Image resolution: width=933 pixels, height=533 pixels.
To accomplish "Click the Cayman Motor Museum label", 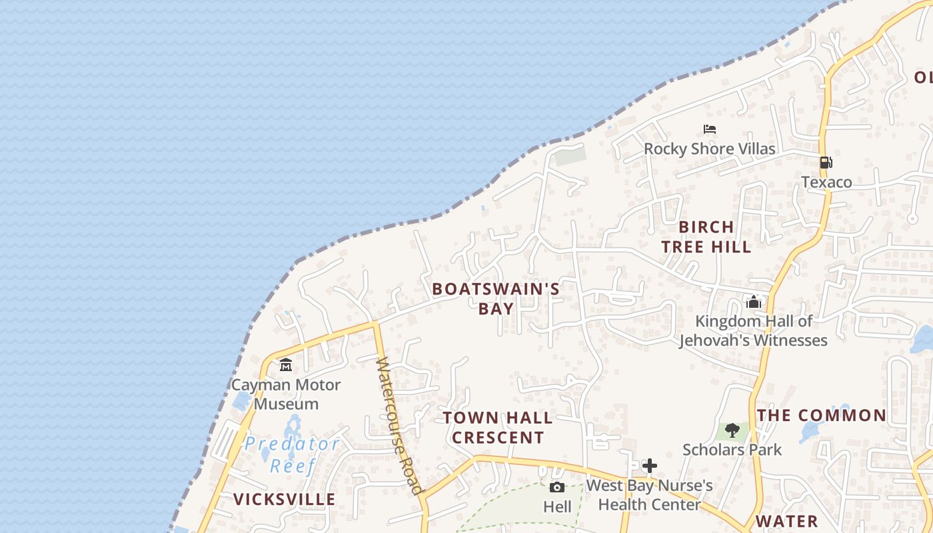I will pyautogui.click(x=285, y=394).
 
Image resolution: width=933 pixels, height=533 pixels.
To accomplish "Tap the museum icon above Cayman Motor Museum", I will pyautogui.click(x=286, y=364).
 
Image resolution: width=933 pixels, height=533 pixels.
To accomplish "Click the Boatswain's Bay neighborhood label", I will pyautogui.click(x=496, y=298).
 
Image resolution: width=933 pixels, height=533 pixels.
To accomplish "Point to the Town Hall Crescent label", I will pyautogui.click(x=498, y=428).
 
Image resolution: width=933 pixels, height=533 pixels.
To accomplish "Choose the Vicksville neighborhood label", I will pyautogui.click(x=284, y=499).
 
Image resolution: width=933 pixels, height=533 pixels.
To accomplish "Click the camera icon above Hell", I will pyautogui.click(x=557, y=487).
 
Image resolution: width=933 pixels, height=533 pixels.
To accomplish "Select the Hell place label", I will pyautogui.click(x=557, y=507).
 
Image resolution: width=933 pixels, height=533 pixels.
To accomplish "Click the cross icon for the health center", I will pyautogui.click(x=650, y=466).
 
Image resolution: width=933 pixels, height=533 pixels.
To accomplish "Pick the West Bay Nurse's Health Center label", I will pyautogui.click(x=649, y=495).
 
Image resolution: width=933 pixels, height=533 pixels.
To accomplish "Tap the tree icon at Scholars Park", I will pyautogui.click(x=732, y=430).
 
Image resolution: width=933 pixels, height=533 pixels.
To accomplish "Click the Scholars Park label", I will pyautogui.click(x=732, y=450).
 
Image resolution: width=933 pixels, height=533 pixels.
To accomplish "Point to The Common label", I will pyautogui.click(x=822, y=416).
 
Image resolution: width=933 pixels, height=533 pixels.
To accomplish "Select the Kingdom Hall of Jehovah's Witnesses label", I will pyautogui.click(x=753, y=330).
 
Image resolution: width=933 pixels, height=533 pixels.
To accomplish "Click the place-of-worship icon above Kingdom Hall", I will pyautogui.click(x=754, y=302).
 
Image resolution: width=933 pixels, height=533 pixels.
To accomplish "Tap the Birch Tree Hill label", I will pyautogui.click(x=706, y=237).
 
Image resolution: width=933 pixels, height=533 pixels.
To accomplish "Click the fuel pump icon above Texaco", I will pyautogui.click(x=826, y=162).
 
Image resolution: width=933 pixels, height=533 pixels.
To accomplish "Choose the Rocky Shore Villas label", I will pyautogui.click(x=710, y=149).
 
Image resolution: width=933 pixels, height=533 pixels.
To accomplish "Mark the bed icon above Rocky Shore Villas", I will pyautogui.click(x=710, y=129).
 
